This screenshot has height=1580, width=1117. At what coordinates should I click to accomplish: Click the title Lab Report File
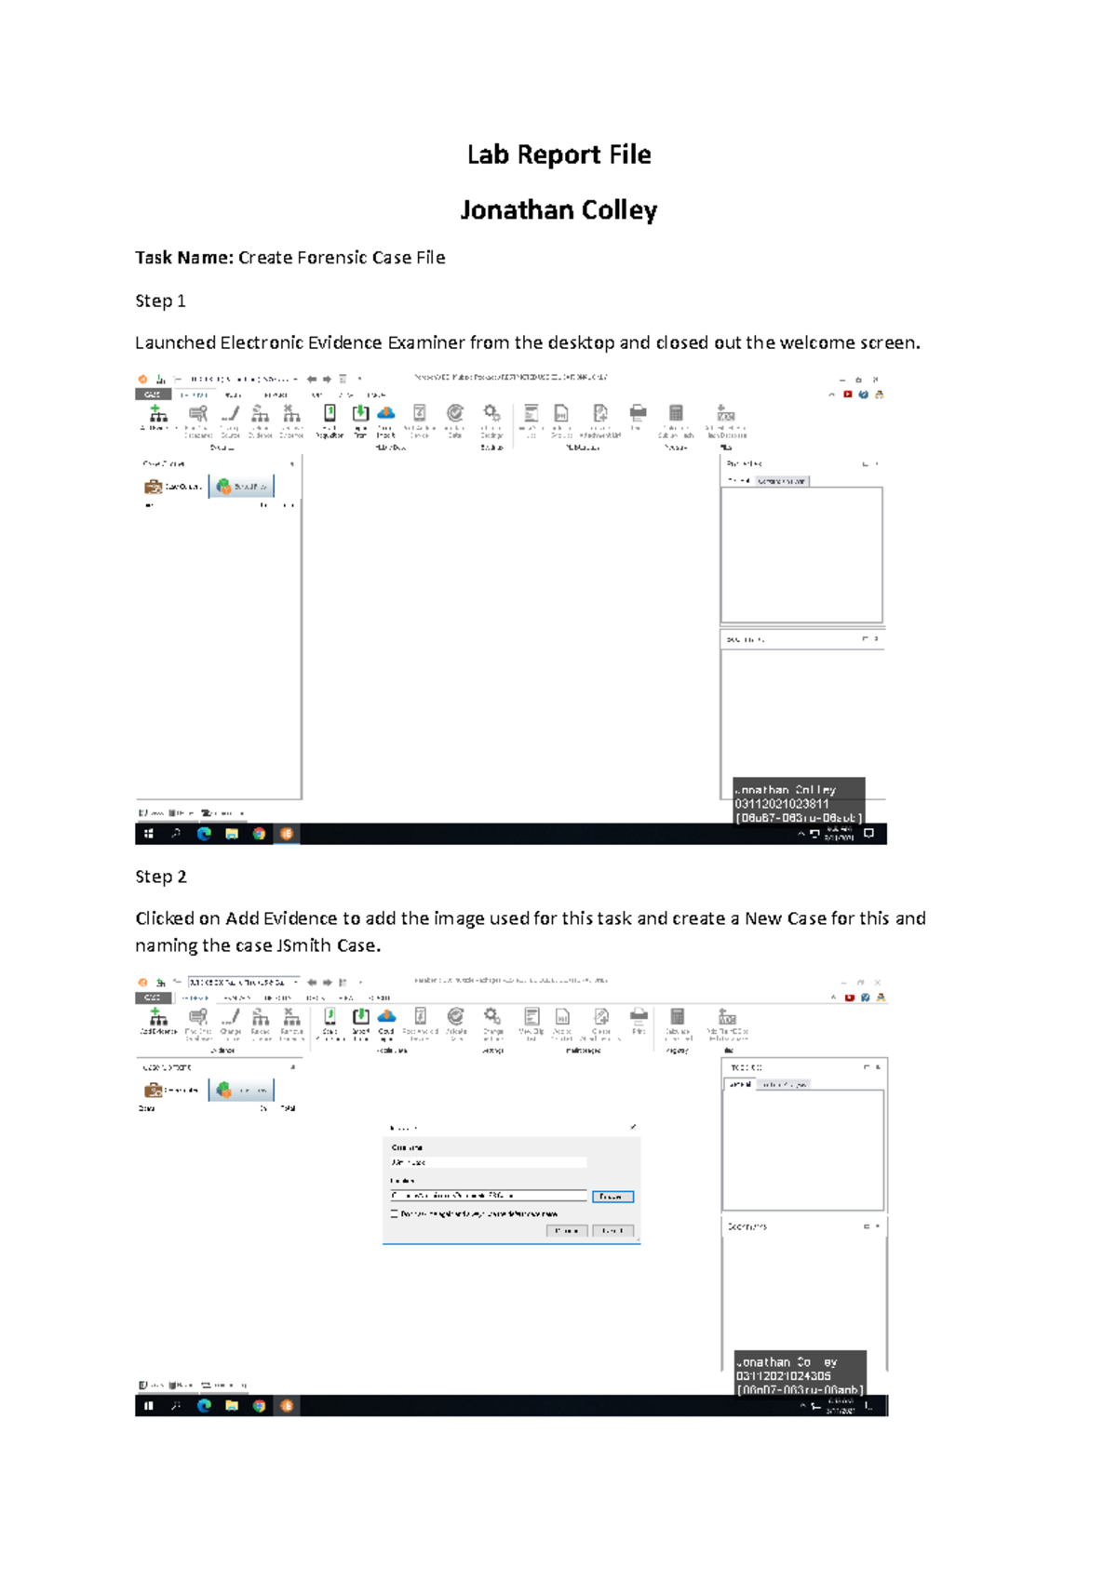point(558,154)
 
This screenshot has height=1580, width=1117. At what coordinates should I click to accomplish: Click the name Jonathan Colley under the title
point(558,210)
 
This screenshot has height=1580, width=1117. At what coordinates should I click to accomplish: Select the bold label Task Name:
point(184,258)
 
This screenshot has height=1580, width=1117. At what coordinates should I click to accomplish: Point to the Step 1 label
point(160,301)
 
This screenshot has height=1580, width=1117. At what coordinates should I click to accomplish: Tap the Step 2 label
point(160,877)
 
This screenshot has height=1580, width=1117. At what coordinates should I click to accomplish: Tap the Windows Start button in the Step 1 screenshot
point(148,834)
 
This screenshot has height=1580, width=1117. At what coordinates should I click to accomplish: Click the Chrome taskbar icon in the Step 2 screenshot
point(259,1405)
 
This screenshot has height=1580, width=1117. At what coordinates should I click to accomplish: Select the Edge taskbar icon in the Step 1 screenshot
point(204,834)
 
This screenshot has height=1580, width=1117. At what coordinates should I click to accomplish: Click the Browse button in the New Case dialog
point(612,1197)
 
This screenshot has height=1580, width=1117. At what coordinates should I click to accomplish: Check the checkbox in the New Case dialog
point(395,1213)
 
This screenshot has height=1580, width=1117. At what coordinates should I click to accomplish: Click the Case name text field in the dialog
point(489,1162)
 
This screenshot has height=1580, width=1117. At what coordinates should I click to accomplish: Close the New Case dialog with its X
point(633,1127)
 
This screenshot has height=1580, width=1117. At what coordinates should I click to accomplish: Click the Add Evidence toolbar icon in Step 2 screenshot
point(157,1018)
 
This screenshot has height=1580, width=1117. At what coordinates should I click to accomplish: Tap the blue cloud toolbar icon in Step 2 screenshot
point(386,1016)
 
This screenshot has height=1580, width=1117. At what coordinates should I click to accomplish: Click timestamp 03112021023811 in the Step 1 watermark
point(782,804)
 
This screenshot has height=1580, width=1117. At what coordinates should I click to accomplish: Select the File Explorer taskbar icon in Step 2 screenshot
point(232,1405)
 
